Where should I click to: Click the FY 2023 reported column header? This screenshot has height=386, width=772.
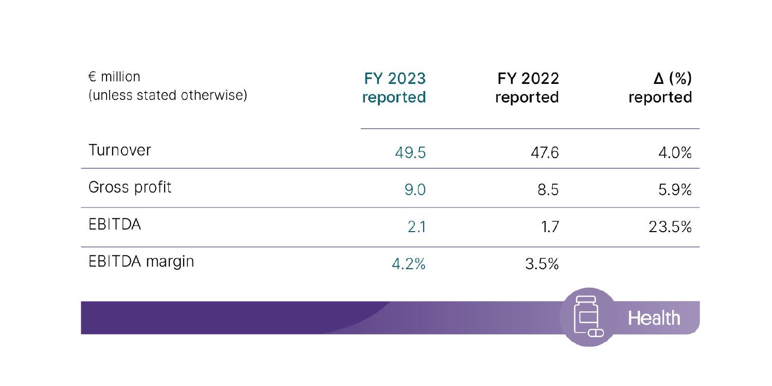(x=394, y=87)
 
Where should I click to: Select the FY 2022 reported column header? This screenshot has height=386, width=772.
(x=527, y=87)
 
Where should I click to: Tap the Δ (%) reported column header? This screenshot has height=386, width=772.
(x=660, y=87)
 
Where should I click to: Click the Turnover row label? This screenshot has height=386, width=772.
(x=119, y=150)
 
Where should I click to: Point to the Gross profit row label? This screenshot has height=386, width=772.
(x=130, y=187)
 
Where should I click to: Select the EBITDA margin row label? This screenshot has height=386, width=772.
(x=142, y=261)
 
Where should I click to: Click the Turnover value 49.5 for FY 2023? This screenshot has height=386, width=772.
(x=410, y=153)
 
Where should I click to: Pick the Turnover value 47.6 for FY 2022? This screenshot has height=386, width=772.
(x=542, y=153)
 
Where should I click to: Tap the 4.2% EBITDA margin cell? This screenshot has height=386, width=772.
(x=409, y=265)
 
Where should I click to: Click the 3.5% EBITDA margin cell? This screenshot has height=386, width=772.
(x=541, y=265)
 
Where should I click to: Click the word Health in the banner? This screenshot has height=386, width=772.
(x=654, y=318)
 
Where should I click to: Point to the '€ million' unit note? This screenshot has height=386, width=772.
(x=114, y=77)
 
